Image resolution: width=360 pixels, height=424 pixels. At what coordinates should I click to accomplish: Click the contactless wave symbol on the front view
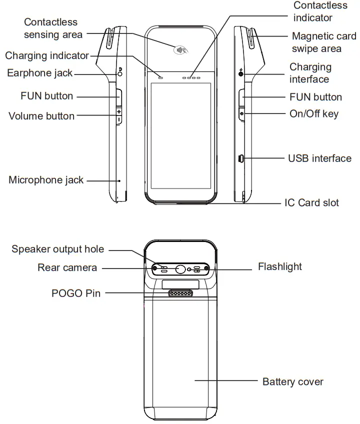pyautogui.click(x=180, y=50)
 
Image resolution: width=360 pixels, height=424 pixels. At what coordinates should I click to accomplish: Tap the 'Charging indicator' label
pyautogui.click(x=47, y=55)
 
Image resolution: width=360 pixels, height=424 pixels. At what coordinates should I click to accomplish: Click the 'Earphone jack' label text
pyautogui.click(x=40, y=73)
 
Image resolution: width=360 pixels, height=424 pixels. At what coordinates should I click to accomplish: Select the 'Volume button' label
pyautogui.click(x=41, y=116)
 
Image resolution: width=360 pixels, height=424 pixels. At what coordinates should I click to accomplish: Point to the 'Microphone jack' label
pyautogui.click(x=46, y=180)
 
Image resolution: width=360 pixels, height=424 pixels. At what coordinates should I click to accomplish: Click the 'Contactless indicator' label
pyautogui.click(x=320, y=11)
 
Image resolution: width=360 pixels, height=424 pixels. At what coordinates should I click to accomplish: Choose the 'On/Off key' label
pyautogui.click(x=314, y=113)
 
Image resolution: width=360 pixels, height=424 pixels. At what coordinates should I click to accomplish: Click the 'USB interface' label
pyautogui.click(x=319, y=158)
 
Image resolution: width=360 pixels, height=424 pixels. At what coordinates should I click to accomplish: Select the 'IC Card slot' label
pyautogui.click(x=311, y=202)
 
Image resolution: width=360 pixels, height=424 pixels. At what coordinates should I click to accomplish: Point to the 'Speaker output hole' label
pyautogui.click(x=58, y=249)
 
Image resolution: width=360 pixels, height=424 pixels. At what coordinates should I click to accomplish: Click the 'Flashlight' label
pyautogui.click(x=280, y=266)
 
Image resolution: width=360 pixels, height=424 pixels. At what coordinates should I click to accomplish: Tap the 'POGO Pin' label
pyautogui.click(x=76, y=293)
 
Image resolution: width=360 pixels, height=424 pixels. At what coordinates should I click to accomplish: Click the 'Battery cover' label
pyautogui.click(x=293, y=382)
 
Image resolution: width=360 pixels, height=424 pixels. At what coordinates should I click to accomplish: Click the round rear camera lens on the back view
pyautogui.click(x=180, y=269)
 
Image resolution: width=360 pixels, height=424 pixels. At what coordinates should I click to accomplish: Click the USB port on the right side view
pyautogui.click(x=240, y=159)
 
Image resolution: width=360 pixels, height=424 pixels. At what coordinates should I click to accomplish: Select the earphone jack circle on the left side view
pyautogui.click(x=120, y=73)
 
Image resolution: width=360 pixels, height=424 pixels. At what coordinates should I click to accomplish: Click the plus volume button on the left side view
pyautogui.click(x=119, y=111)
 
